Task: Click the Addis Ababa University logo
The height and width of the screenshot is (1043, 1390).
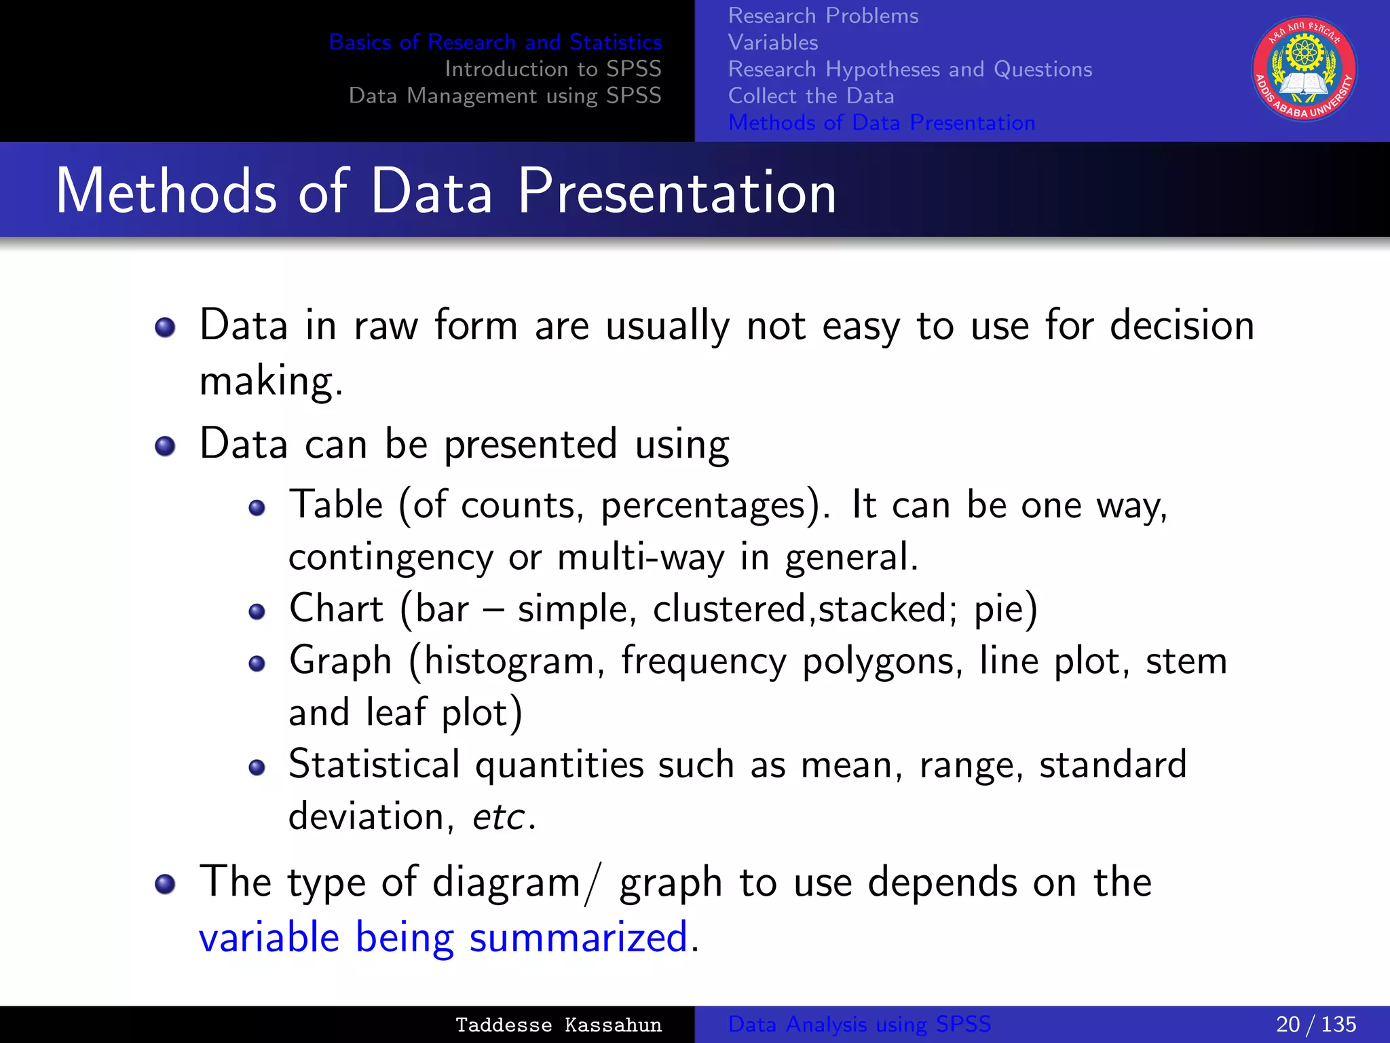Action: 1304,69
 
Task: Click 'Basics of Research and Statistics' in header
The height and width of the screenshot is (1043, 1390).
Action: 495,42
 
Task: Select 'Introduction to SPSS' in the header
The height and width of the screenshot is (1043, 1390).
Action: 552,69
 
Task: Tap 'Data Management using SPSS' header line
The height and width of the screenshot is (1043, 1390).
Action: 504,96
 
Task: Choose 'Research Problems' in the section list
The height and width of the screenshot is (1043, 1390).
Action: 823,16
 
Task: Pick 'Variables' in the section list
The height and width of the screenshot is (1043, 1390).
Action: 773,42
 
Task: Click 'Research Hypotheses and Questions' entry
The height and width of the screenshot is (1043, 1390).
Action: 909,69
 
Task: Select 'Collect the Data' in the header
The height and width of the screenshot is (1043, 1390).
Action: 810,96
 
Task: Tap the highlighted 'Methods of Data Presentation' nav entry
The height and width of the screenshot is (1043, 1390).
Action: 881,123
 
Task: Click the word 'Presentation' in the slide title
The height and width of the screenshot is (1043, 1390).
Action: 676,192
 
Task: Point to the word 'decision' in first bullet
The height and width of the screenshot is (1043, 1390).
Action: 1182,325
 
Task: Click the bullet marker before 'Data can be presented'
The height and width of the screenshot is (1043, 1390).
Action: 165,446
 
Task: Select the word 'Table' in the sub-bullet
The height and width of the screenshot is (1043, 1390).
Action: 336,505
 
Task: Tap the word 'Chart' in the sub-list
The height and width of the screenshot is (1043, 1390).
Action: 336,608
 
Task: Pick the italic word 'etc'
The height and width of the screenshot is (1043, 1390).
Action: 499,817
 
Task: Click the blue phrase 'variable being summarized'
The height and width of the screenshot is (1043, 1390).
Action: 443,938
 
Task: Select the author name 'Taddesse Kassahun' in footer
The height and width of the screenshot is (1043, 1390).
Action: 558,1025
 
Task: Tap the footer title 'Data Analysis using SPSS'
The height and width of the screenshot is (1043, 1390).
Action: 859,1024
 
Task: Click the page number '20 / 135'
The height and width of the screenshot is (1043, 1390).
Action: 1315,1024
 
